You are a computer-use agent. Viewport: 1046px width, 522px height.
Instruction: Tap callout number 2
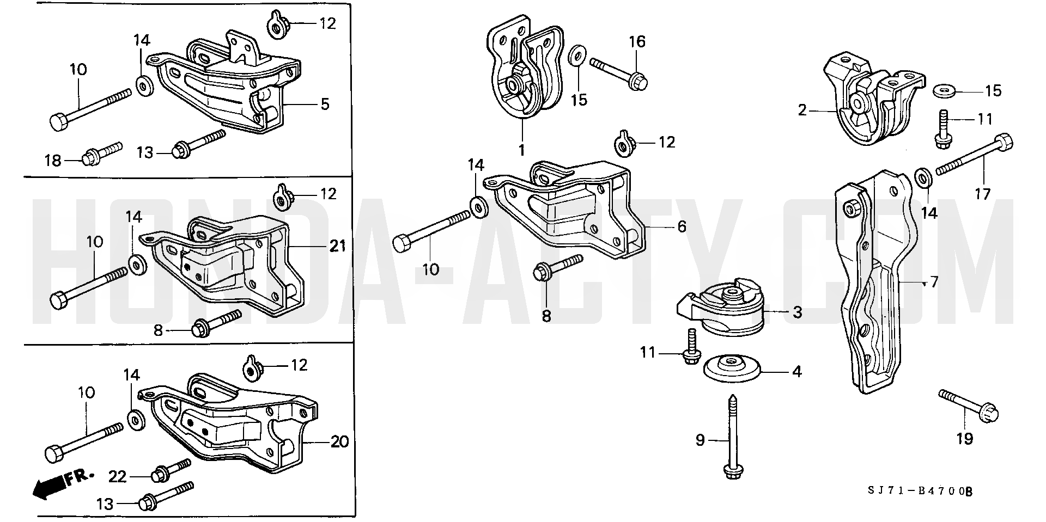pyautogui.click(x=802, y=110)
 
